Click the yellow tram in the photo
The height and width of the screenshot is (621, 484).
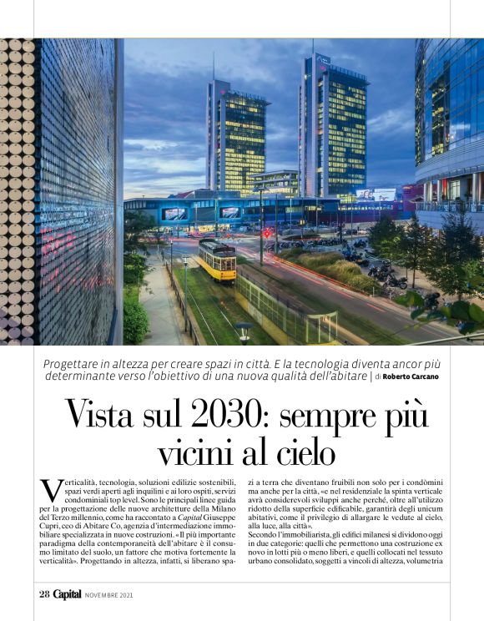pyautogui.click(x=216, y=259)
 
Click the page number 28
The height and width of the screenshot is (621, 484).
pyautogui.click(x=43, y=595)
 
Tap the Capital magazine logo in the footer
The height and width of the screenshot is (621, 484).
pyautogui.click(x=68, y=595)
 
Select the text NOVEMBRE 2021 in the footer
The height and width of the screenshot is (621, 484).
pyautogui.click(x=108, y=596)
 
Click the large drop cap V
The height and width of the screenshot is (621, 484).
pyautogui.click(x=50, y=489)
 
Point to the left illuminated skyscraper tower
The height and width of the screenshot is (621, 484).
pyautogui.click(x=236, y=138)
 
